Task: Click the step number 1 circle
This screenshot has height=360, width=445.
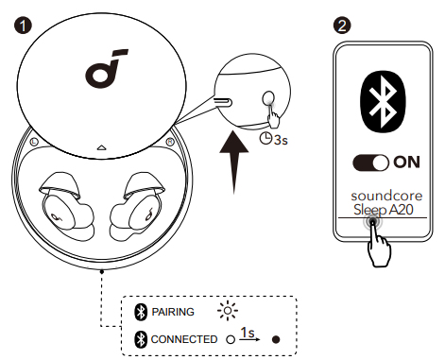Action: coord(23,26)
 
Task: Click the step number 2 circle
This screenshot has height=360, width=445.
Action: coord(342,26)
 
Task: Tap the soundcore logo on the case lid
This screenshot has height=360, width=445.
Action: coord(106,68)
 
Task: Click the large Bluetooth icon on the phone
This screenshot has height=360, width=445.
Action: coord(383,101)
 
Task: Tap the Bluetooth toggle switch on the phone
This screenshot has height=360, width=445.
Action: coord(370,163)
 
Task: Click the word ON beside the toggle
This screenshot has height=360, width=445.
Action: coord(406,163)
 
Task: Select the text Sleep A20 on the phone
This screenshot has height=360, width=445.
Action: coord(384,210)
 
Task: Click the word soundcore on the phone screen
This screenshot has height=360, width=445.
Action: coord(386,196)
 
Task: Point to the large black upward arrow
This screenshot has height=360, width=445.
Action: coord(234,163)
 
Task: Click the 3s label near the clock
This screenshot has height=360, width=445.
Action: coord(281,140)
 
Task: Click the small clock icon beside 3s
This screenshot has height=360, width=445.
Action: coord(265,139)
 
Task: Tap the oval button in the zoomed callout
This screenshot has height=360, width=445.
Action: coord(268,98)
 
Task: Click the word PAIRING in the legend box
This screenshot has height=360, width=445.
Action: coord(173,312)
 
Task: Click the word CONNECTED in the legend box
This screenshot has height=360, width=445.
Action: coord(184,339)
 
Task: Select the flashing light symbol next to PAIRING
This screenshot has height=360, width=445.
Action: coord(228,311)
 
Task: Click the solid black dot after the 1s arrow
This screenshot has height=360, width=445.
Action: coord(276,339)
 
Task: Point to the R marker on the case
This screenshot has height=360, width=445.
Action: coord(170,142)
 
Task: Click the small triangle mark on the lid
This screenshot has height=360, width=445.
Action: coord(101,147)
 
